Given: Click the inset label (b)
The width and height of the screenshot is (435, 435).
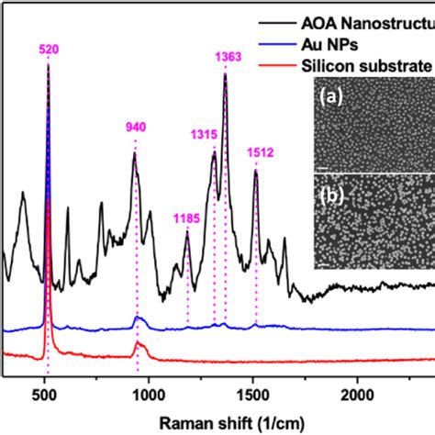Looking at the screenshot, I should tap(330, 195).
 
